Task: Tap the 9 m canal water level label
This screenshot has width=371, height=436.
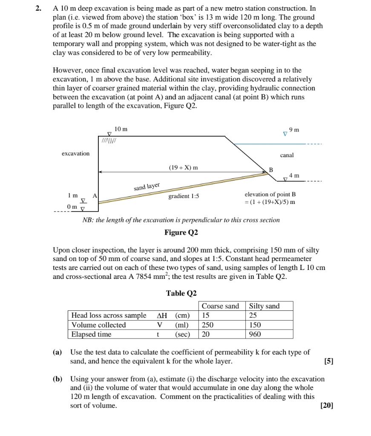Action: (x=294, y=129)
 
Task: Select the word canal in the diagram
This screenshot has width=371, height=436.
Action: (x=287, y=155)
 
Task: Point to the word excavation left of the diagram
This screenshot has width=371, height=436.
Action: (x=75, y=153)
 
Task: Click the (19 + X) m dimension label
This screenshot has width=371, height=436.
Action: (x=183, y=167)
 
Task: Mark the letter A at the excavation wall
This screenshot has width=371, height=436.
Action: (x=95, y=195)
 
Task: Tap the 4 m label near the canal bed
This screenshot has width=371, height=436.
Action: (x=294, y=175)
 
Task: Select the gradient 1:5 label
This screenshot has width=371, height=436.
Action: (x=184, y=196)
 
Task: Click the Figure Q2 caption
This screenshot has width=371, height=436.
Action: (x=181, y=232)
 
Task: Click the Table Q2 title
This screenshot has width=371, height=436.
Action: (x=181, y=293)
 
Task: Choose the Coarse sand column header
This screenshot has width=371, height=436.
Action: (x=220, y=306)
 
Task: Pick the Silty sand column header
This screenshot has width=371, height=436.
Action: (x=264, y=306)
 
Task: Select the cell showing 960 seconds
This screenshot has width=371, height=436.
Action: (x=255, y=334)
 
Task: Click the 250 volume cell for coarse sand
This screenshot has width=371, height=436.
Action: (x=207, y=325)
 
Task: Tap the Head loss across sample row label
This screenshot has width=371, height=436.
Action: (x=109, y=316)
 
